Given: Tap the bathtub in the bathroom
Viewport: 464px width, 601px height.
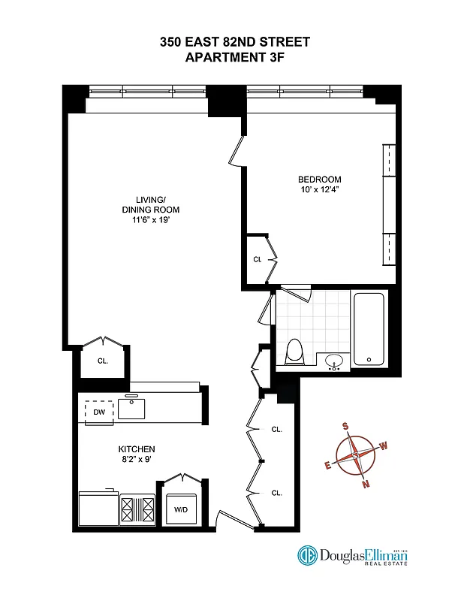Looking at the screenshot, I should tap(369, 329).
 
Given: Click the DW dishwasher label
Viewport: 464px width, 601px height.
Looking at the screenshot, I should tap(98, 412).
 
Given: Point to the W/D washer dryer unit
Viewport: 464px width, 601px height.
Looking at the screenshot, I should tap(181, 509).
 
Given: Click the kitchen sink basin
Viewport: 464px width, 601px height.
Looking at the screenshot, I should tap(133, 409).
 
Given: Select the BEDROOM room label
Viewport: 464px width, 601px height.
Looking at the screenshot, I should tap(320, 180).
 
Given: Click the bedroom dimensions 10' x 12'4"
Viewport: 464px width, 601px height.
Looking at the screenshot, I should tap(320, 190).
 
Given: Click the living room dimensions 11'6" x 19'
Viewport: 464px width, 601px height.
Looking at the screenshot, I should tap(151, 220).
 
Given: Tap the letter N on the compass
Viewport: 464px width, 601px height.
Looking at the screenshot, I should tap(366, 485).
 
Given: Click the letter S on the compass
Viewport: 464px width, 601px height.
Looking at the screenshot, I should tap(345, 426).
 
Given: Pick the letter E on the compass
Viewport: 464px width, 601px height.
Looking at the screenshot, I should tap(327, 465).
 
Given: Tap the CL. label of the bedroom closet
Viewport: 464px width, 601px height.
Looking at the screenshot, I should tap(257, 259).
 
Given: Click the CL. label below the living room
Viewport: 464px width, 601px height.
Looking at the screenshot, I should tap(103, 361).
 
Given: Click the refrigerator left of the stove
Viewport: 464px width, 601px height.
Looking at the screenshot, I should tap(99, 509).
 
